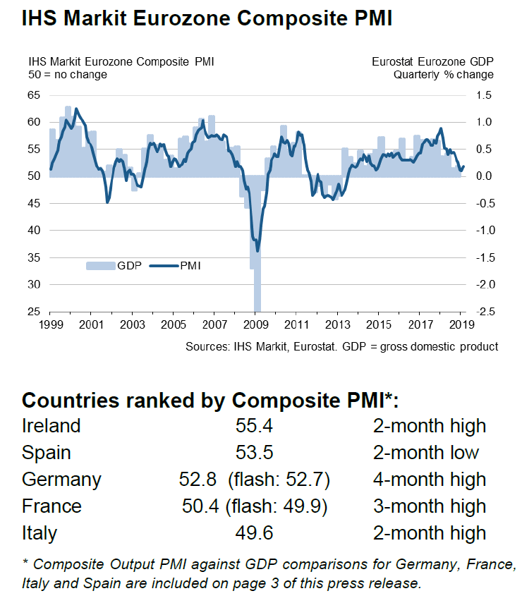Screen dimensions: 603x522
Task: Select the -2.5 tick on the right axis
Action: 485,312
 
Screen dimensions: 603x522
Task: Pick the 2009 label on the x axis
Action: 255,325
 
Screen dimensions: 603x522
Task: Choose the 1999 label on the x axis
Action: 49,325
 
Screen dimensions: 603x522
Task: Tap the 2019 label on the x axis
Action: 461,325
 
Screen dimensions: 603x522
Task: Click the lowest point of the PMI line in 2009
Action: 257,250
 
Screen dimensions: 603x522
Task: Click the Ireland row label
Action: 51,426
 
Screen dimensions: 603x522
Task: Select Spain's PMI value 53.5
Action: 254,453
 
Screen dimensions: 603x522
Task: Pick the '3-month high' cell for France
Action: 430,506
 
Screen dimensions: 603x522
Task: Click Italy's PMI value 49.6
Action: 254,533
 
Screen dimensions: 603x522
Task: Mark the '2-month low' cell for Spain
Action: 426,453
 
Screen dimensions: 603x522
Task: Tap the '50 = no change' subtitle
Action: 68,74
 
